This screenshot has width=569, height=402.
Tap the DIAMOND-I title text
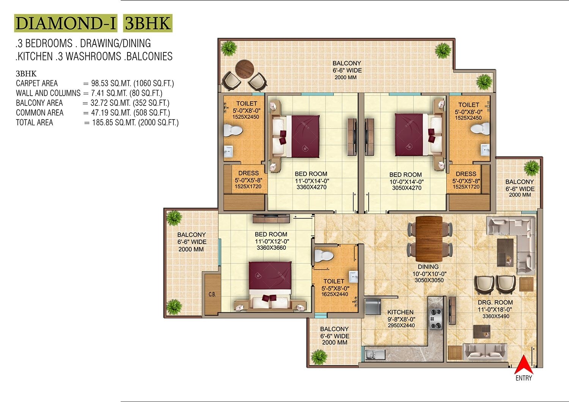tap(66, 23)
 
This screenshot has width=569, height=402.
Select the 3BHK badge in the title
tap(148, 23)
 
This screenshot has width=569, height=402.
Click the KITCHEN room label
tap(400, 312)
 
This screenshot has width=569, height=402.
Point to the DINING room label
tap(428, 267)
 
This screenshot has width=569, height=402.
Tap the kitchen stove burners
tap(435, 319)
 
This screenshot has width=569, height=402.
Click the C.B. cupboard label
tap(212, 294)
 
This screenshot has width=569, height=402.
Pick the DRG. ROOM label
tap(495, 303)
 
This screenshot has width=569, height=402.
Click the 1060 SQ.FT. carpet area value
tap(153, 84)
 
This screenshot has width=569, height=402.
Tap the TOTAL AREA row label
tap(35, 123)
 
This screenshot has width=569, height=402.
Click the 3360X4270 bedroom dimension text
tap(311, 187)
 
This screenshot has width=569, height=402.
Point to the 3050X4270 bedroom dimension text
tap(406, 188)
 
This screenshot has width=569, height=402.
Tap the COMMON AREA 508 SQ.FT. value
tap(151, 113)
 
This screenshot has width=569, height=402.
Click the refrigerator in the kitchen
tap(373, 306)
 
